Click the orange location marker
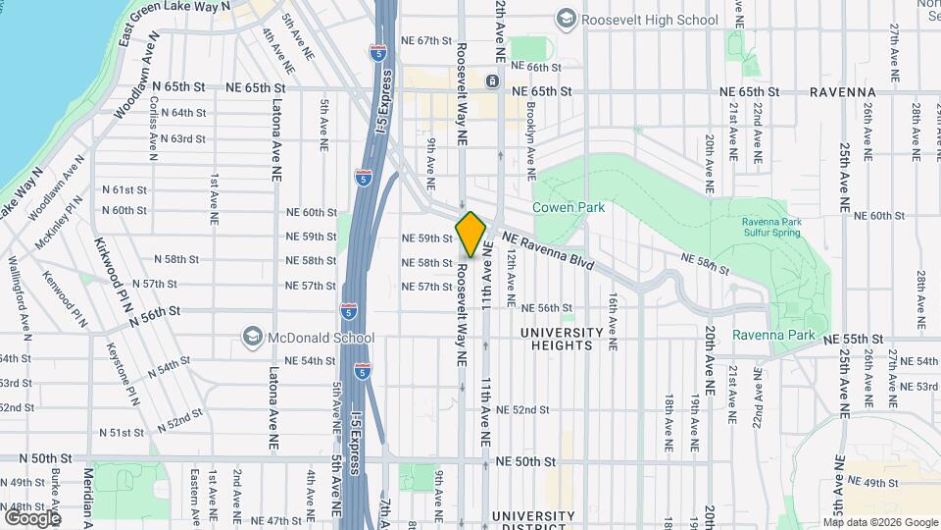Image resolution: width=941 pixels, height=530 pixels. (471, 235)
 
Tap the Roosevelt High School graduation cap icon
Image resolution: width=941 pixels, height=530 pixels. (566, 19)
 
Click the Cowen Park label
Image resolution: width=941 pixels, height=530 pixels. (569, 207)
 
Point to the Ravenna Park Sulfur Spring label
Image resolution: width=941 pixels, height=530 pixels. (771, 228)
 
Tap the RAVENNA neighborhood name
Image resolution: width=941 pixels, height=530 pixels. (842, 91)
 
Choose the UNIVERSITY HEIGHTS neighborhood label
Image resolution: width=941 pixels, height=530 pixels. (556, 339)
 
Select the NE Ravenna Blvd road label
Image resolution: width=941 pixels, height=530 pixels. (548, 250)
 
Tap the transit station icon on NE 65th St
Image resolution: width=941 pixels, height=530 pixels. (491, 81)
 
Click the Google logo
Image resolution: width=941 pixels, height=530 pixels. (32, 517)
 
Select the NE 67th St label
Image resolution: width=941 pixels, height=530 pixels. (426, 41)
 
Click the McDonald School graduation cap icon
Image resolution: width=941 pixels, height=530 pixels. (253, 338)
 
